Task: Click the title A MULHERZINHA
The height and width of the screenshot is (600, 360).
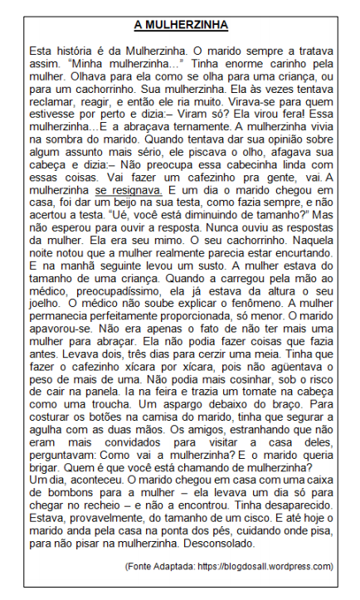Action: pos(180,25)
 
